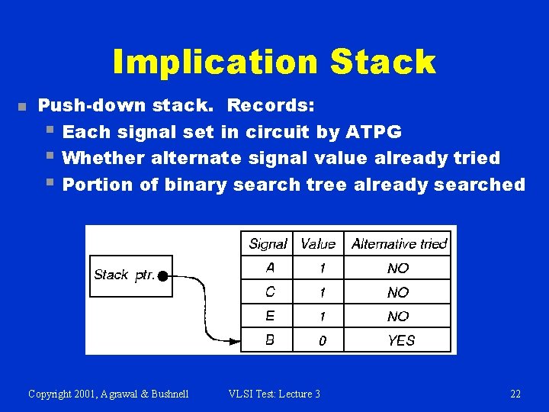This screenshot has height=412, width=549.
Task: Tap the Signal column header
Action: [268, 244]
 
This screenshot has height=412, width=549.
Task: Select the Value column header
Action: [318, 244]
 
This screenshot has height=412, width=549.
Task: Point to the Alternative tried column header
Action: [399, 244]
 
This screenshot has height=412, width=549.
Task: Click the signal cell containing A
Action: [270, 268]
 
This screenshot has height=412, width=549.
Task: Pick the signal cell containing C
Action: [270, 291]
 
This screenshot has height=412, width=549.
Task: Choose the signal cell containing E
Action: [270, 316]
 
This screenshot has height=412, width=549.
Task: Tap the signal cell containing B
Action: [270, 340]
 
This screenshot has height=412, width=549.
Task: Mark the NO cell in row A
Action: [398, 269]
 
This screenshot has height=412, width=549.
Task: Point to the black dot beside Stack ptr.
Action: [162, 275]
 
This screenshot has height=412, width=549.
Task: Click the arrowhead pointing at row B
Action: [235, 340]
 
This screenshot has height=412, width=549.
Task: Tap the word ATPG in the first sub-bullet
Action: [373, 132]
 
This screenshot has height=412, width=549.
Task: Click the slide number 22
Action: [515, 394]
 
